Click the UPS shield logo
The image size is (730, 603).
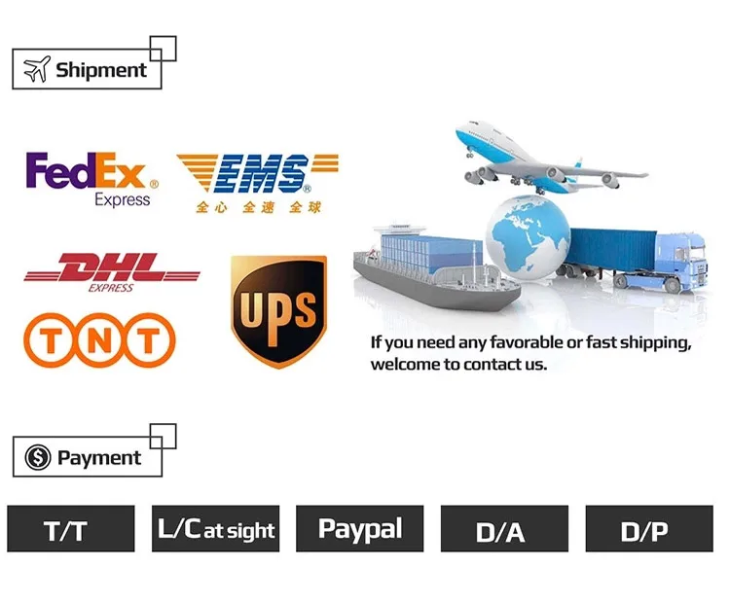(278, 311)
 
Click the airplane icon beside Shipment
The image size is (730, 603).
(36, 70)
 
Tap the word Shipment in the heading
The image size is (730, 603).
(101, 70)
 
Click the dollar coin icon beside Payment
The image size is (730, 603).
(37, 457)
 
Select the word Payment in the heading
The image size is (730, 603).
(99, 458)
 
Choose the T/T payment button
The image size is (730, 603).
(70, 530)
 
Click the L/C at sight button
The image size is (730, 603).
(215, 530)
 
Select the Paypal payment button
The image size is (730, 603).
(359, 530)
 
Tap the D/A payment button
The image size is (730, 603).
(503, 530)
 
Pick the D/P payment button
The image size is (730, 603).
(648, 530)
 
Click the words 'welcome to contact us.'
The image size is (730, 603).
(458, 365)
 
